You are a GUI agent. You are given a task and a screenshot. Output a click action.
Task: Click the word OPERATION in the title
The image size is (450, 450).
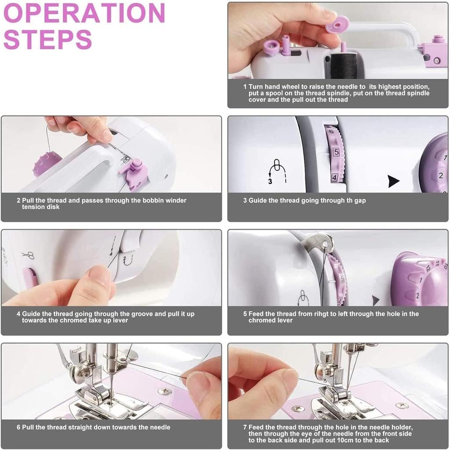(x=84, y=13)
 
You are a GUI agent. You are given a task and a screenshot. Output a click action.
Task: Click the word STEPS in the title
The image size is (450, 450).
(x=47, y=40)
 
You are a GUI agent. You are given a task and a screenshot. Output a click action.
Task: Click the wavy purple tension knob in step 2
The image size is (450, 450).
(x=46, y=163)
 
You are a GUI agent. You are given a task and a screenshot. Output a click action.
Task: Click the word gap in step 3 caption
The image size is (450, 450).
(x=359, y=200)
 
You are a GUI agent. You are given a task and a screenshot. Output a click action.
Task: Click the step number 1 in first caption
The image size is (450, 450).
(x=245, y=87)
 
